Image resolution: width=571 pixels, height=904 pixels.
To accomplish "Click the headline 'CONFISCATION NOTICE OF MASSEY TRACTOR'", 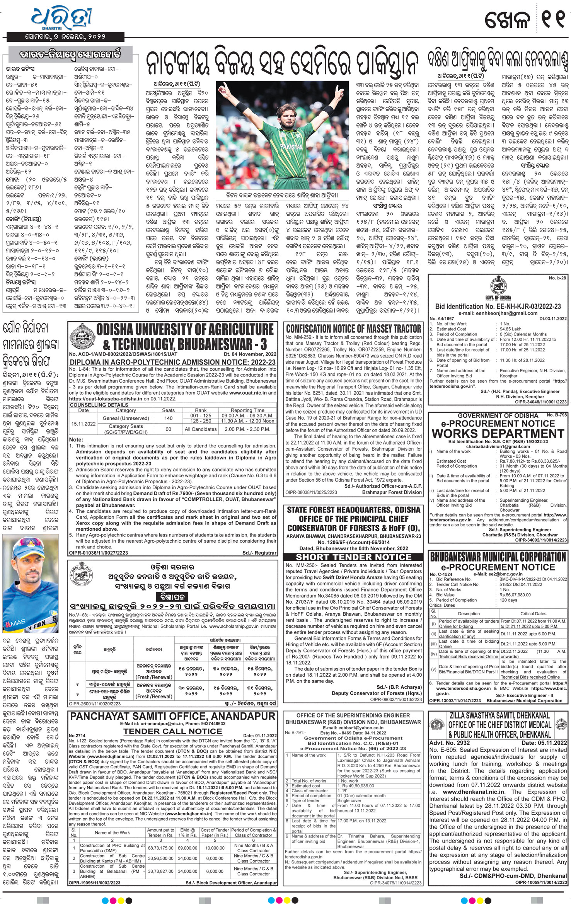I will coord(353,329).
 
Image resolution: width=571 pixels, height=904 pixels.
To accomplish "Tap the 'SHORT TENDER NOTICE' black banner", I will coord(353,557).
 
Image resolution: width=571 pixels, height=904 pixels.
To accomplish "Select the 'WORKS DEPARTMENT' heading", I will coord(498,434).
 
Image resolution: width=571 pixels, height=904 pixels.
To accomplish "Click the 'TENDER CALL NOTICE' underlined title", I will coord(172,731).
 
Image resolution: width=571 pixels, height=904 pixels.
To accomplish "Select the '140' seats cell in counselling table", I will coord(168,418).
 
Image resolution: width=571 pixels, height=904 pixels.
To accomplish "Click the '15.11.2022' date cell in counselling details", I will coord(84,424).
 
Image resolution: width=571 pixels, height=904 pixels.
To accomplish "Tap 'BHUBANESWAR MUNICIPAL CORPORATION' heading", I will coord(498,557).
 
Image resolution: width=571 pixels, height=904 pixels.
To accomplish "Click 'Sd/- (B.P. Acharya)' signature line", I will coord(399,687).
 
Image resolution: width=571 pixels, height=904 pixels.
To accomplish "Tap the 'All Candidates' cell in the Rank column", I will coord(201,429).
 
